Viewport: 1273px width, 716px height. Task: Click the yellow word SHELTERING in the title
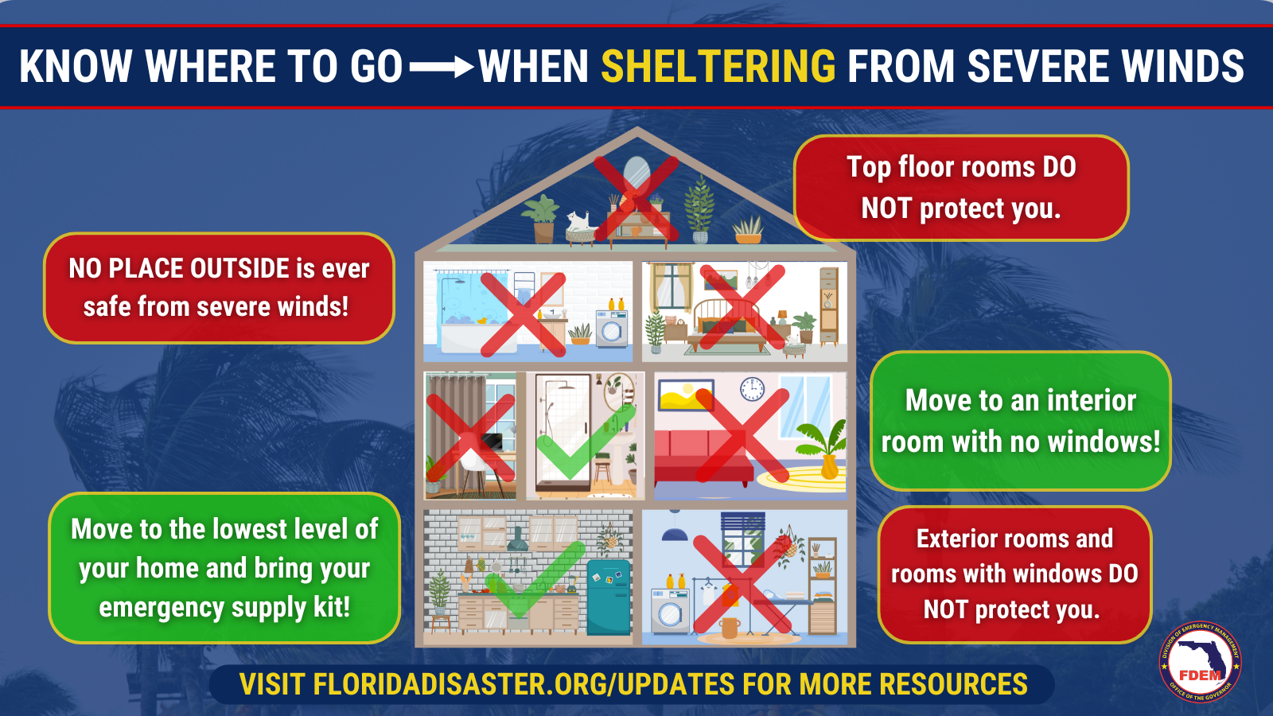point(718,67)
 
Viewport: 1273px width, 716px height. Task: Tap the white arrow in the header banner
point(442,68)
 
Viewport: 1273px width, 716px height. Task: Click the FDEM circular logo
point(1201,662)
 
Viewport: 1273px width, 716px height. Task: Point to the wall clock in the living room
point(752,389)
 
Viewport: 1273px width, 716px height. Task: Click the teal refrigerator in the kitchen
point(609,597)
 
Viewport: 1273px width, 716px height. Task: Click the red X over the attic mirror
point(636,198)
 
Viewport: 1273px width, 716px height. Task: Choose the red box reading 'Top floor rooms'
point(961,188)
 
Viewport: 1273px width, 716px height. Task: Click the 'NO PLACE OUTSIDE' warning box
point(220,288)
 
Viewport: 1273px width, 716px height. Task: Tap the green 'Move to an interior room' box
point(1021,421)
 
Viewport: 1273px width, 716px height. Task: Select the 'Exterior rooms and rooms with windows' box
point(1015,574)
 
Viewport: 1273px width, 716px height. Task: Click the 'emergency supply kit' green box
point(224,568)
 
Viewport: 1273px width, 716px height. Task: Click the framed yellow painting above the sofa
point(685,395)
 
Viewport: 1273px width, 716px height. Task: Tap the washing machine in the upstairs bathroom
point(612,328)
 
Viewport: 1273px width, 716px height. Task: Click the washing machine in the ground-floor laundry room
point(670,611)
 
